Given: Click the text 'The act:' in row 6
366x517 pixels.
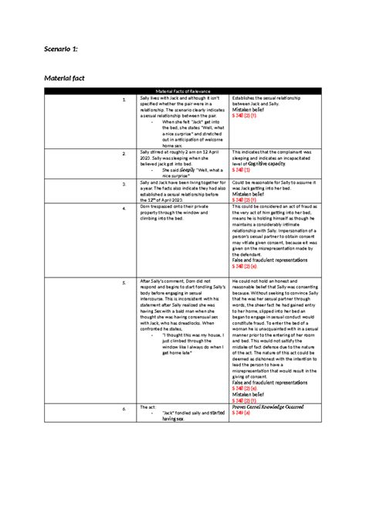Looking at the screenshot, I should (148, 406).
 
